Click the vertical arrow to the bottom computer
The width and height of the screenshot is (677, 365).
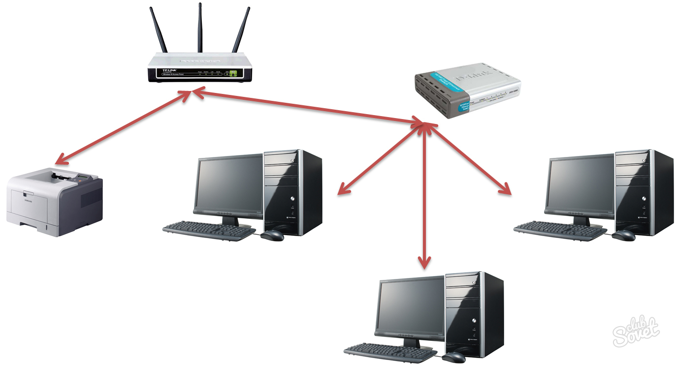click(424, 197)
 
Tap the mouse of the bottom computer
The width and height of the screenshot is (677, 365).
click(453, 357)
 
